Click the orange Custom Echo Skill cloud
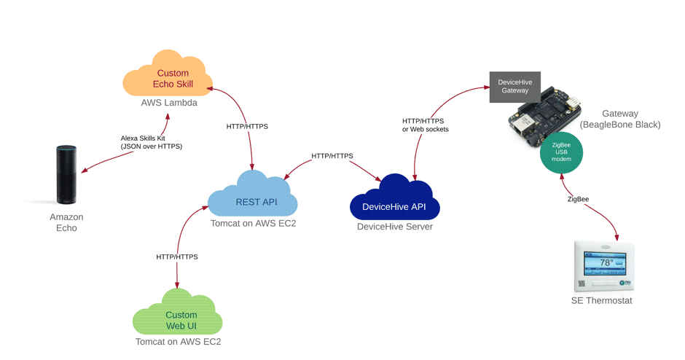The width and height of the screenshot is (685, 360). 172,77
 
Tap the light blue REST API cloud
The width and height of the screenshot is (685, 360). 252,197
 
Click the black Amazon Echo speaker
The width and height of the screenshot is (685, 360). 66,175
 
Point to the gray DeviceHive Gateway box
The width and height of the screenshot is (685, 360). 514,87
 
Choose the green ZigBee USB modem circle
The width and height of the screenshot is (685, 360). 561,154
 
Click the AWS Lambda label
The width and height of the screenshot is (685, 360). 169,103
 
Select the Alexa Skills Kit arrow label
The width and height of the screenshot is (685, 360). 151,142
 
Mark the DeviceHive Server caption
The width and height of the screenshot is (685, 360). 395,227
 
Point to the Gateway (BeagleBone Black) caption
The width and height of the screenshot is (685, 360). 619,119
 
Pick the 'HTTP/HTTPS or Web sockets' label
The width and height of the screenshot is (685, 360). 425,125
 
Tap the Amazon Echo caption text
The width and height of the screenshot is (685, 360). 66,222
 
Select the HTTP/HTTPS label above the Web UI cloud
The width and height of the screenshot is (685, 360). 177,257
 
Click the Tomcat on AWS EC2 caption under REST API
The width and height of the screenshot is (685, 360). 252,223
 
